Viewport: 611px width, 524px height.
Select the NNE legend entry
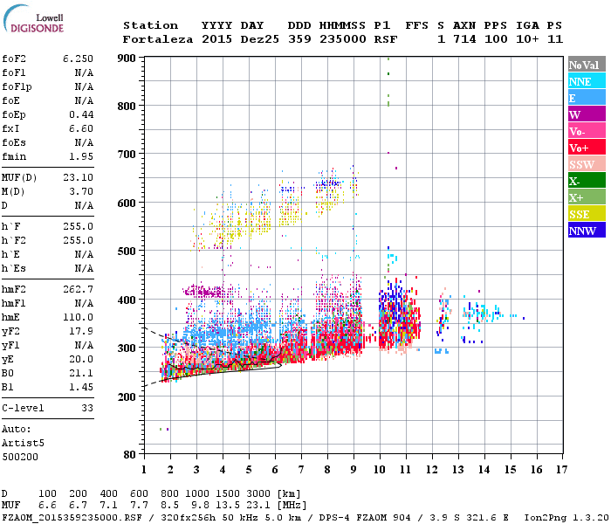point(587,81)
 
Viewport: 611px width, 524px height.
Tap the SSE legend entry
point(587,214)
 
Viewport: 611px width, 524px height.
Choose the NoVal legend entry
point(587,65)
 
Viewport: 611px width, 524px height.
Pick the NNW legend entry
point(587,231)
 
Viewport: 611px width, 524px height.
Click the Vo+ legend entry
point(587,148)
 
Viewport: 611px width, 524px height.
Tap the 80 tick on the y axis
point(130,455)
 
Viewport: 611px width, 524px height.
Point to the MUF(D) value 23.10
point(78,177)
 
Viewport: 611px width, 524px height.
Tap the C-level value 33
point(86,407)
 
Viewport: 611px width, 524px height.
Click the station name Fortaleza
point(158,39)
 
